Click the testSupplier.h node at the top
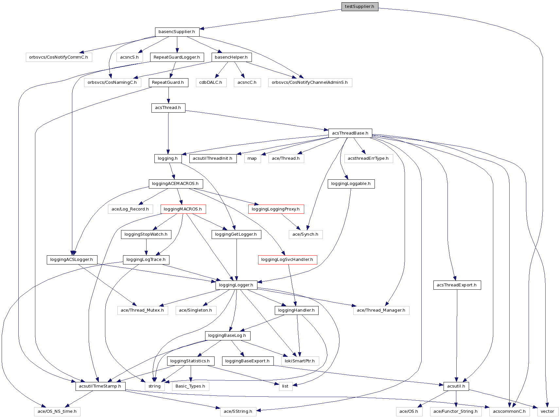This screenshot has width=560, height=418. (x=359, y=7)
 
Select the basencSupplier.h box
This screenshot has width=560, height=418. (x=177, y=32)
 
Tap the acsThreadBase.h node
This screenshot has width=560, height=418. (x=350, y=133)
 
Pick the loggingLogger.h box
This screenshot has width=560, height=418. (x=236, y=285)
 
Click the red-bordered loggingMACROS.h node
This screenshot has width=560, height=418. (x=183, y=209)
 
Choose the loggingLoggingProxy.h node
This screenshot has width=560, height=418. (x=276, y=209)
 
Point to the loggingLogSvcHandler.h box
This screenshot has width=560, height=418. (x=287, y=260)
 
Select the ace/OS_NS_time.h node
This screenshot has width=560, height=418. (x=57, y=411)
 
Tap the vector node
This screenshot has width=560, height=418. (x=547, y=411)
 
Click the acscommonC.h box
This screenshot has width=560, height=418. (x=509, y=411)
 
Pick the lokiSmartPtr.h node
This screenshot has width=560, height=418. (x=300, y=361)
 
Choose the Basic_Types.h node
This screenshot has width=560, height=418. (x=190, y=386)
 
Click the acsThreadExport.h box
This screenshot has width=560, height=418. (x=457, y=285)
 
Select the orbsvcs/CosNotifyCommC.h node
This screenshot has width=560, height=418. (x=59, y=57)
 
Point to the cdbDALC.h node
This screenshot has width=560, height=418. (x=211, y=82)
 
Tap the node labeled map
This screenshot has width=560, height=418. (x=252, y=158)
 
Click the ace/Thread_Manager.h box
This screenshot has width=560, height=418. (x=381, y=310)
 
